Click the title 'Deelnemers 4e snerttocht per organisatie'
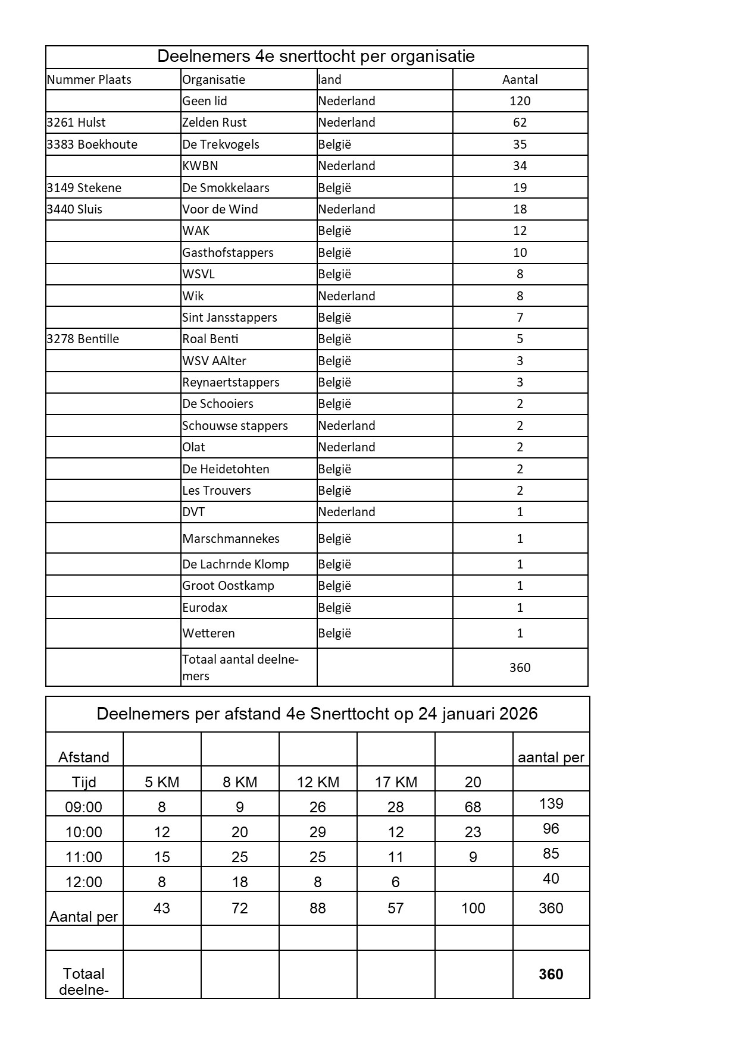[x=316, y=56]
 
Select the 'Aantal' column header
[x=520, y=80]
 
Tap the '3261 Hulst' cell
[x=76, y=122]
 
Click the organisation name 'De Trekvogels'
[x=221, y=144]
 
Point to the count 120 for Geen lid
[x=520, y=101]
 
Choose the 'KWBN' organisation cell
[x=200, y=166]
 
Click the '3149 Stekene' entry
[x=84, y=188]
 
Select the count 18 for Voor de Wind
[x=520, y=209]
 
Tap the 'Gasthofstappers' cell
[x=228, y=253]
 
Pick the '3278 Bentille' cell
[x=83, y=339]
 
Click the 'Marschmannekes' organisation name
[x=231, y=539]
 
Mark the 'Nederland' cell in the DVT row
[x=346, y=512]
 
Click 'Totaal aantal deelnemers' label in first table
[x=240, y=667]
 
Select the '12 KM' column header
[x=318, y=782]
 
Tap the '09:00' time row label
[x=83, y=807]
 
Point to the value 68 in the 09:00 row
[x=473, y=807]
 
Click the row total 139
[x=551, y=804]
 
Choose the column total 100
[x=473, y=908]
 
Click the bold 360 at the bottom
[x=551, y=974]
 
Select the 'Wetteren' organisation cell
[x=208, y=633]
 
